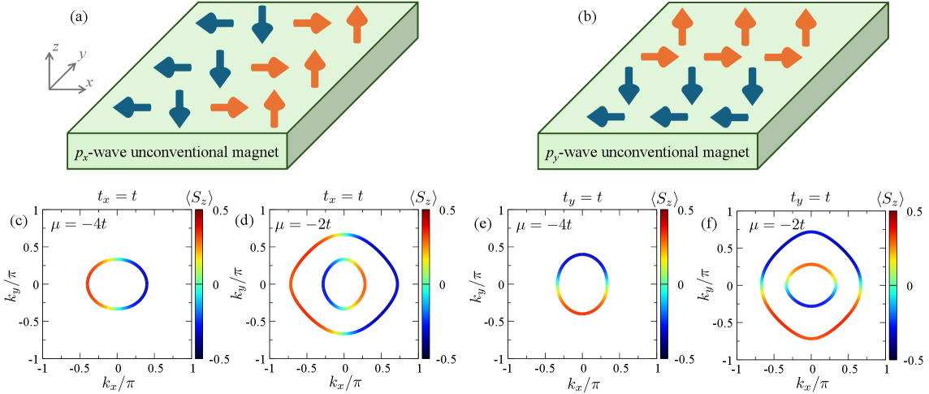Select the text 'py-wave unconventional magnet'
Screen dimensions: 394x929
coord(646,151)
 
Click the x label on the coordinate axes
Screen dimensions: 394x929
coord(89,82)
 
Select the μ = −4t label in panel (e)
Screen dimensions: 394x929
coord(534,224)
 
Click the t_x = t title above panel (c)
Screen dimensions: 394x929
coord(118,196)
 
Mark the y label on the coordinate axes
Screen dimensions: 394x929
coord(81,54)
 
